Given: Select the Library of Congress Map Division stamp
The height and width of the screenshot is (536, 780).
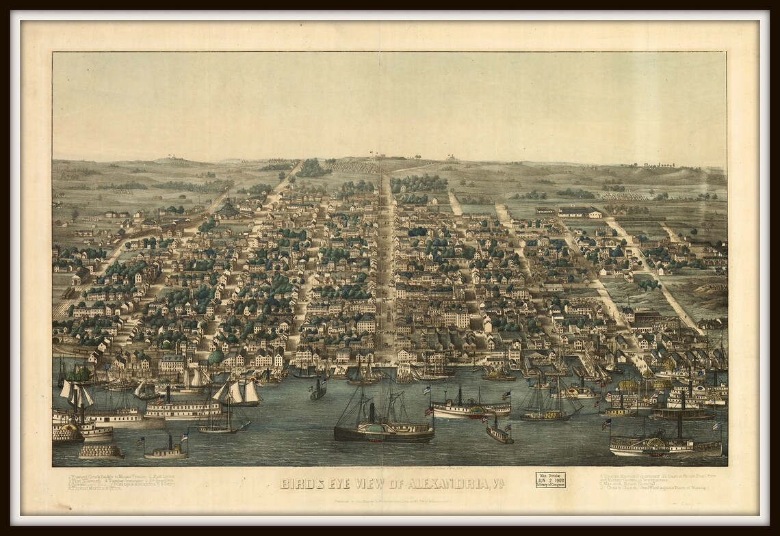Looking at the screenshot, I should (x=549, y=480).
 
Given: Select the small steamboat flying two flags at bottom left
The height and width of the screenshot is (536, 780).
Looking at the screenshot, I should (x=166, y=451).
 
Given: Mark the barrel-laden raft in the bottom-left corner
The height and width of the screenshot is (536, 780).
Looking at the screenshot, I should (x=101, y=451).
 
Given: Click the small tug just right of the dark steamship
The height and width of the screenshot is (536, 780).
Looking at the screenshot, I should (x=499, y=433).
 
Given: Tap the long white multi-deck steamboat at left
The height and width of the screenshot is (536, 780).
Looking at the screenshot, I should (x=181, y=408).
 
